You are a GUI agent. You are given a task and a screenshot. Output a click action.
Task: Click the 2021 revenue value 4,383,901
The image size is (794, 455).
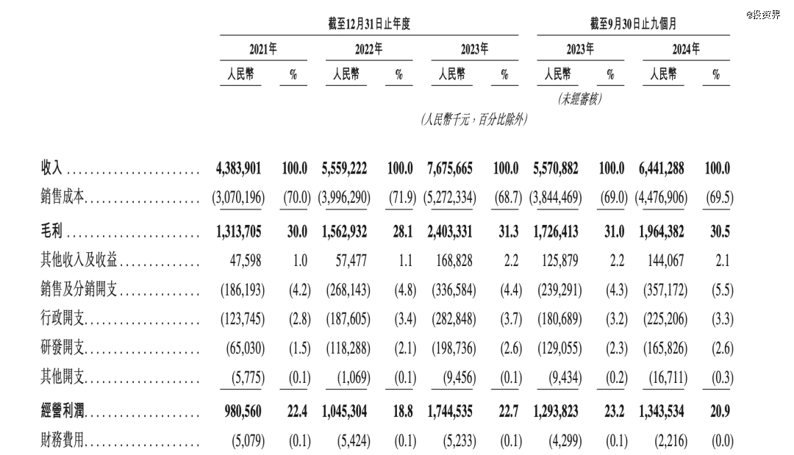pos(239,168)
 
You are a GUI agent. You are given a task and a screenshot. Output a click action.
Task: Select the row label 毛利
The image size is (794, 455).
pos(51,232)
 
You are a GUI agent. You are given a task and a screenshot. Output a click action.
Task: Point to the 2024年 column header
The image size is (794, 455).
pos(686,49)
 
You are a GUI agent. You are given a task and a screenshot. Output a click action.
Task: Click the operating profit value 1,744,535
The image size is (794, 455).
pos(451,411)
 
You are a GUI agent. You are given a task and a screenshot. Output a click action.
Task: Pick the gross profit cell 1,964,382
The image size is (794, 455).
pos(659,232)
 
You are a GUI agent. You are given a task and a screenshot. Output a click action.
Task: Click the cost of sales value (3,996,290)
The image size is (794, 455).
pos(346,198)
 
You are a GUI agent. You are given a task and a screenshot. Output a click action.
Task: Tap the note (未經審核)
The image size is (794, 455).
pos(580,98)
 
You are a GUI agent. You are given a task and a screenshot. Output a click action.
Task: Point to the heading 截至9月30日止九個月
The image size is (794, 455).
pos(634,24)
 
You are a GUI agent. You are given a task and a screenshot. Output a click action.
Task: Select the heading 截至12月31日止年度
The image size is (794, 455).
pos(369,24)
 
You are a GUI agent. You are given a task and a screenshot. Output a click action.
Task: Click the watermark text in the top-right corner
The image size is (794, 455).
pos(762,14)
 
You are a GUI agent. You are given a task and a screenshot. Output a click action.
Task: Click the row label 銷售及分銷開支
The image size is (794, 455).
pos(79,290)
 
